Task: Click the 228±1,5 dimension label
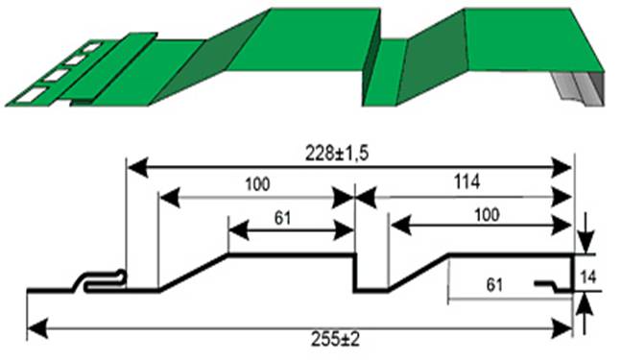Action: pyautogui.click(x=337, y=154)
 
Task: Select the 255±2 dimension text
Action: pyautogui.click(x=335, y=340)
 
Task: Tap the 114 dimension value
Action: pyautogui.click(x=466, y=181)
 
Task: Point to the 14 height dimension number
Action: pyautogui.click(x=587, y=277)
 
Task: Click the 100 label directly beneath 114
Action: pyautogui.click(x=487, y=215)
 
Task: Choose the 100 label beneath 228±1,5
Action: pyautogui.click(x=257, y=184)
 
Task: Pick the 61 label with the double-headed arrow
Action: pyautogui.click(x=282, y=218)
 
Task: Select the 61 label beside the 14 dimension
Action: pyautogui.click(x=494, y=285)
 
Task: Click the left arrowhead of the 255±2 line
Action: pyautogui.click(x=37, y=328)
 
